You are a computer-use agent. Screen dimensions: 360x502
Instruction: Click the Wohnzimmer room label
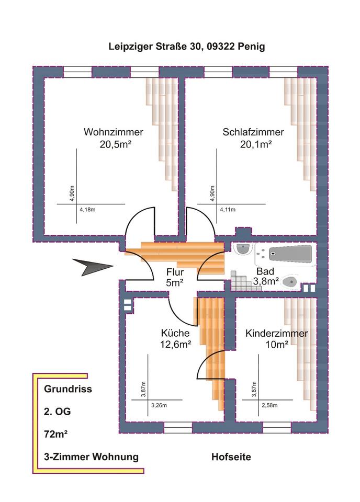tap(113, 132)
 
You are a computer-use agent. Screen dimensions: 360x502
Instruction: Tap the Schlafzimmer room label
tap(253, 132)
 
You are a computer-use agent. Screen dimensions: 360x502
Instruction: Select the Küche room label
tap(175, 333)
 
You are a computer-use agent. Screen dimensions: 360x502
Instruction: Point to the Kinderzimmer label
tap(277, 333)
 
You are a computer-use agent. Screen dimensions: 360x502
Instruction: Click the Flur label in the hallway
tap(175, 272)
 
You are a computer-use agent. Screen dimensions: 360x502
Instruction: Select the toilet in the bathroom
tap(289, 283)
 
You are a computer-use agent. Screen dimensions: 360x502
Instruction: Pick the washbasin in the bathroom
tap(242, 249)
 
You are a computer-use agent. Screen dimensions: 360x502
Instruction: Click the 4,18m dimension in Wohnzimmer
tap(87, 210)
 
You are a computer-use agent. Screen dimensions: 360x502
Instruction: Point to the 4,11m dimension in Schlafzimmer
tap(228, 210)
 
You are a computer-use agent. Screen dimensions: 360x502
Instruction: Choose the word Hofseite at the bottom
tap(231, 457)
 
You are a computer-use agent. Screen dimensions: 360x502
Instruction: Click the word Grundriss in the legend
tap(68, 389)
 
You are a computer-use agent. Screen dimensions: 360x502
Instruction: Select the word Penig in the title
tap(251, 47)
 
